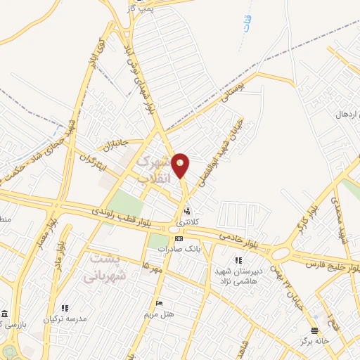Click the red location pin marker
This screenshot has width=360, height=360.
tap(181, 165)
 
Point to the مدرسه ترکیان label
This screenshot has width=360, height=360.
tap(65, 319)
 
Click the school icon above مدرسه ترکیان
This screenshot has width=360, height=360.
tap(65, 308)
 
